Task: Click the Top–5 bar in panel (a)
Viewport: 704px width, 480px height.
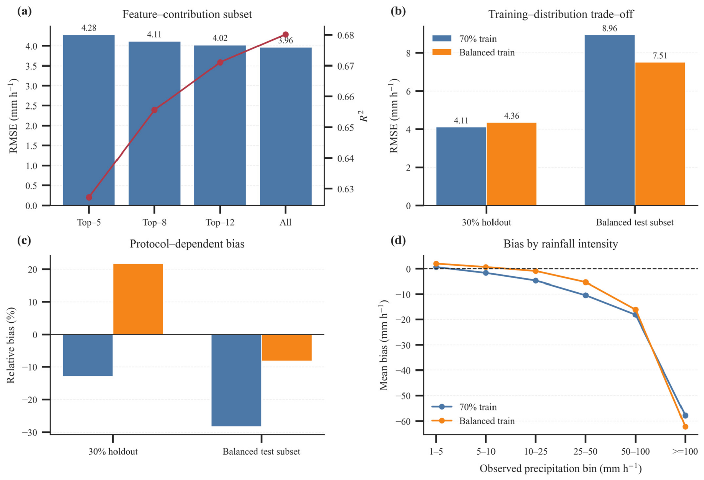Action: [89, 120]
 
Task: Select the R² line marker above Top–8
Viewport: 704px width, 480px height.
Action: [154, 110]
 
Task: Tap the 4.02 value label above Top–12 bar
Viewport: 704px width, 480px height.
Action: [220, 38]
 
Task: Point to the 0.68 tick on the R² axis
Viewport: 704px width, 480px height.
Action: [345, 35]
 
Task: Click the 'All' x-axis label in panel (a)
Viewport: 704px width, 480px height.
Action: [286, 222]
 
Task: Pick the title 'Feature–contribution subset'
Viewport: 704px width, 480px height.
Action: [187, 14]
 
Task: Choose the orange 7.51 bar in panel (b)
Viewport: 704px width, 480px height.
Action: [660, 134]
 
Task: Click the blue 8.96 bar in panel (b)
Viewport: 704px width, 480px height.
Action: [610, 120]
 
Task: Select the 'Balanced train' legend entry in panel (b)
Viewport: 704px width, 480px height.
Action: [474, 53]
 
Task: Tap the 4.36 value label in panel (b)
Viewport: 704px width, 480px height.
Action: [512, 116]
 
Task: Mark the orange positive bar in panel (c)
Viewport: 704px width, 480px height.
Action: [138, 299]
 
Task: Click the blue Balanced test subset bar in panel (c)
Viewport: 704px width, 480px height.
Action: [236, 380]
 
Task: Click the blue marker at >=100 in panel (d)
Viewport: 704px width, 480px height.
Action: [685, 416]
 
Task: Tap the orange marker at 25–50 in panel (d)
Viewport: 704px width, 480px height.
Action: [585, 282]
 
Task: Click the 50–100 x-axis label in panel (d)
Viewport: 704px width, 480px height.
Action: [635, 452]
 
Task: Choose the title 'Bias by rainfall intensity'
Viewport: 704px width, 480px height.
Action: [561, 244]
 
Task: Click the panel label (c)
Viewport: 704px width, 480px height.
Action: [24, 241]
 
